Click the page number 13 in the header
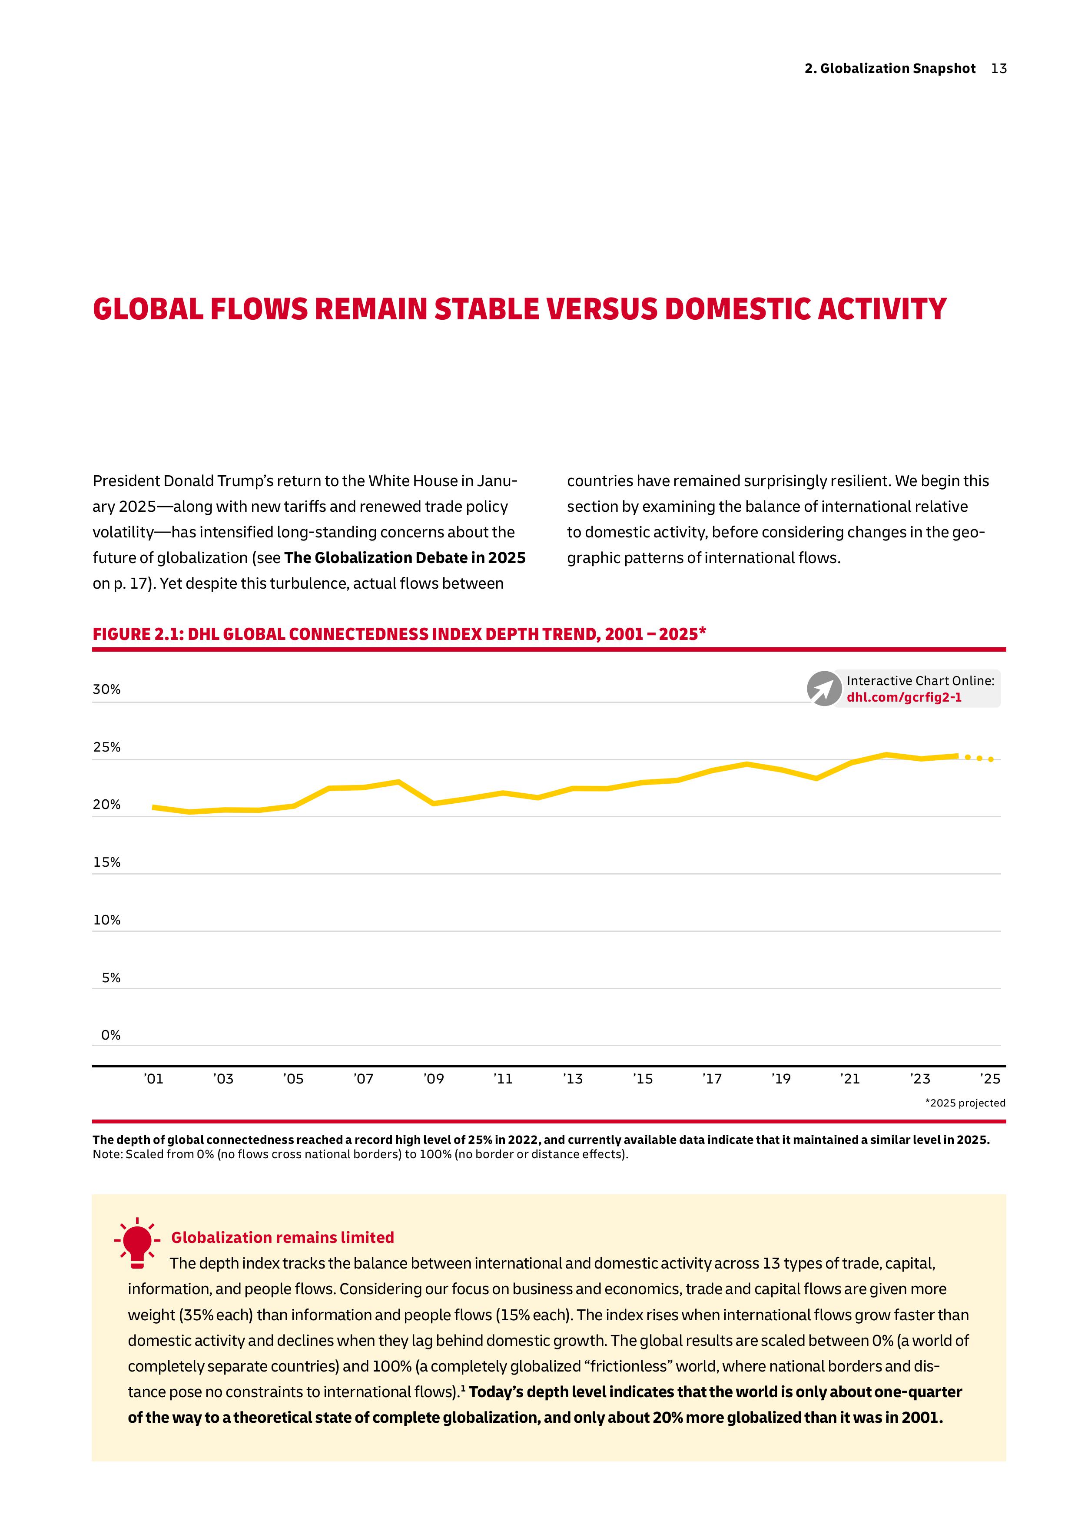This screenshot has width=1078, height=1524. [998, 68]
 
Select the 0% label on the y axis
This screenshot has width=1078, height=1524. [111, 1035]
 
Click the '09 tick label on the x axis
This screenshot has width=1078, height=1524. [434, 1079]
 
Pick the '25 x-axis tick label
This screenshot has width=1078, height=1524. [990, 1079]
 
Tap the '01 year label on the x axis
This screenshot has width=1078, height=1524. [153, 1079]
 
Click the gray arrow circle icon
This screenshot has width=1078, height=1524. [824, 689]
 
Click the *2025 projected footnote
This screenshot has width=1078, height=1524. [965, 1103]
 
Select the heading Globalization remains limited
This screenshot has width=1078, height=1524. [282, 1237]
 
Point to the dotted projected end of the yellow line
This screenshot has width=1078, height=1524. [980, 758]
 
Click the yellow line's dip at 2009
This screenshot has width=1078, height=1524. [434, 803]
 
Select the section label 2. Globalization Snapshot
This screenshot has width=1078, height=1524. [889, 68]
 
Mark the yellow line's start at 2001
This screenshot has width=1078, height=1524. [153, 807]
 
